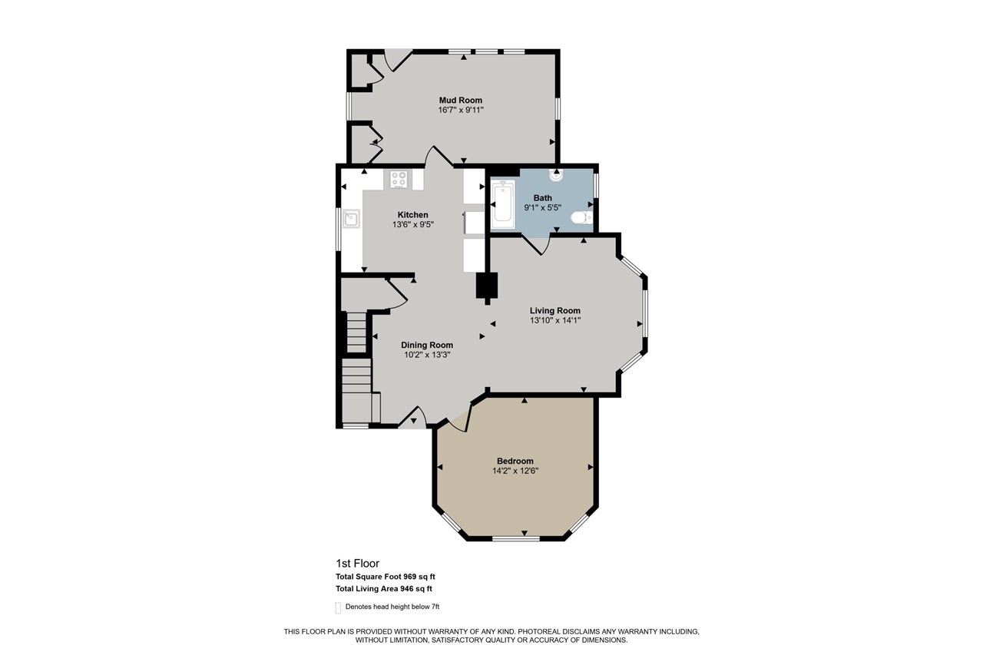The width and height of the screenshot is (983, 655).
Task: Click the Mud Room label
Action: [x=460, y=100]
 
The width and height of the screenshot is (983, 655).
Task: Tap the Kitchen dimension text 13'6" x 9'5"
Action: [x=412, y=225]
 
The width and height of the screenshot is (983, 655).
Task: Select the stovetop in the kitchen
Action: [x=399, y=180]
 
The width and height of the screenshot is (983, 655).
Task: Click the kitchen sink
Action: [x=351, y=219]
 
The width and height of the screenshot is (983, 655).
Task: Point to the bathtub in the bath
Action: [x=503, y=204]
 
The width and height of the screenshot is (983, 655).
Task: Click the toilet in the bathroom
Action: [x=582, y=217]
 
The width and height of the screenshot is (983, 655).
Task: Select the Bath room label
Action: [x=543, y=198]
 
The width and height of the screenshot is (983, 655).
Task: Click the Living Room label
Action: [x=554, y=311]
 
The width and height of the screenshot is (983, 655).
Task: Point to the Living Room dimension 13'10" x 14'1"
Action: [x=554, y=321]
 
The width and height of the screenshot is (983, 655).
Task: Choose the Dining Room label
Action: [x=427, y=345]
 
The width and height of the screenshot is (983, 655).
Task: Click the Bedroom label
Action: [x=515, y=461]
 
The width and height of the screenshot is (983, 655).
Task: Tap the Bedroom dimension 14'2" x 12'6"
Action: [x=515, y=471]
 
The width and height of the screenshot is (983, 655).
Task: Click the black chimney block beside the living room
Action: [x=487, y=286]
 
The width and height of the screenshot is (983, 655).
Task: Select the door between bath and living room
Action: [x=535, y=245]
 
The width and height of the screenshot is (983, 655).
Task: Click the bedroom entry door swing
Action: [x=458, y=420]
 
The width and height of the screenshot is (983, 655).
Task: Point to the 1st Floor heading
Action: [x=357, y=564]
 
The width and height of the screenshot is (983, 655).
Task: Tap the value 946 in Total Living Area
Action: [x=406, y=589]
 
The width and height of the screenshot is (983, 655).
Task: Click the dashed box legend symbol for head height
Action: [x=338, y=607]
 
